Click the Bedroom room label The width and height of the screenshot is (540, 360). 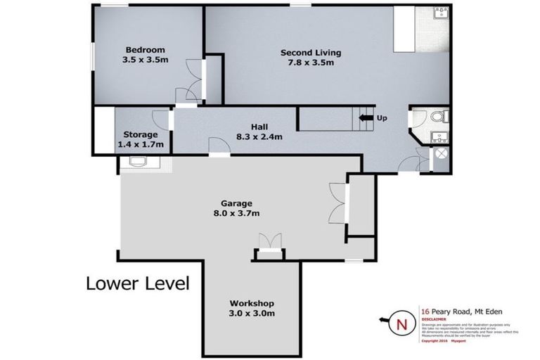(145, 49)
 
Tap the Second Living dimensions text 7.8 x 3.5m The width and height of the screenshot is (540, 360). (310, 63)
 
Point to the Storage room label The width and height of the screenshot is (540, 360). (141, 134)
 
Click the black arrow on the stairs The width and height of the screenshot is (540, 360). (365, 118)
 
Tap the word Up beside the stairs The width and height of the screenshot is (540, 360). (382, 118)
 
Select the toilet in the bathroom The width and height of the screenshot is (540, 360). (437, 117)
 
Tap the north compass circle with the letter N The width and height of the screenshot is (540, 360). (401, 323)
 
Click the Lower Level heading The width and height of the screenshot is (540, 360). (137, 284)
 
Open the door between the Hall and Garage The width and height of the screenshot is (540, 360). (219, 146)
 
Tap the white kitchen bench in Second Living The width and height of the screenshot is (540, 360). (405, 30)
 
